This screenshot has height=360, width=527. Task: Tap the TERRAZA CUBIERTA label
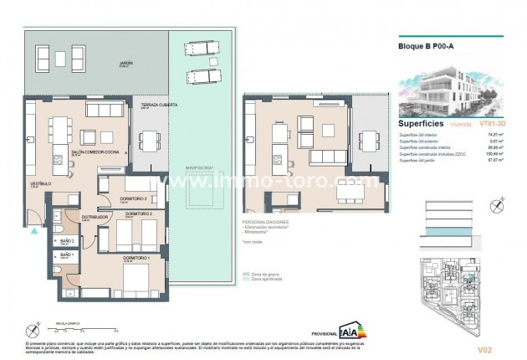pos(151,105)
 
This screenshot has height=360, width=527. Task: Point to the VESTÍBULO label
pos(42,183)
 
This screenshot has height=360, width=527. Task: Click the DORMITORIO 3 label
pos(134,198)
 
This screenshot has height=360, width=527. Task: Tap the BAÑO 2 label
pos(67,240)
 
